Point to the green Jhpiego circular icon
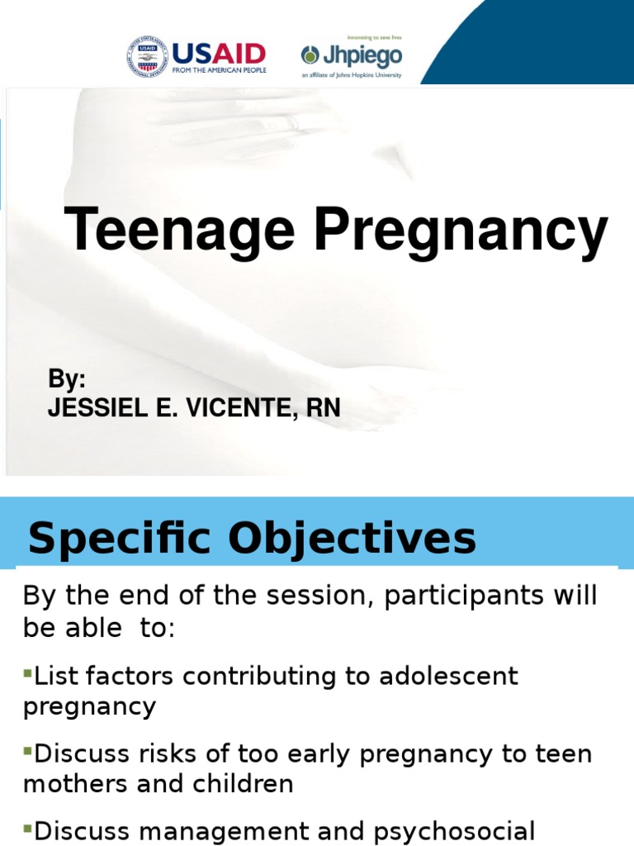click(x=310, y=55)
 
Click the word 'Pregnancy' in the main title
click(x=461, y=232)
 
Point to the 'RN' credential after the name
click(x=323, y=407)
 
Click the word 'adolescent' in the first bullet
click(x=448, y=676)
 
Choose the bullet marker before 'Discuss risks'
click(x=27, y=753)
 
